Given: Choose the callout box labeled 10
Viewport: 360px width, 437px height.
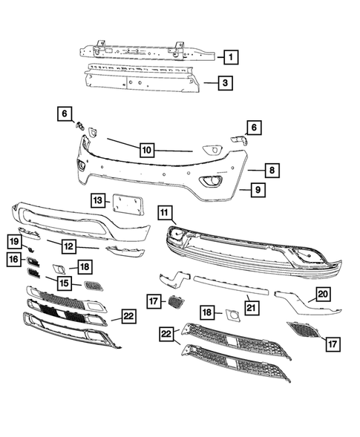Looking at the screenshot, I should (x=147, y=150).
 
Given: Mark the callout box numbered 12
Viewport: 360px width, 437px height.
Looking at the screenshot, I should (x=68, y=246).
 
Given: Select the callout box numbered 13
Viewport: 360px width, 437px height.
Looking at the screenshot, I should (x=97, y=200).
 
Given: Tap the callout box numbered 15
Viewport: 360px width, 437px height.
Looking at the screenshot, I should (x=65, y=283).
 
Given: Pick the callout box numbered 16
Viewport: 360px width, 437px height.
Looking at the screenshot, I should (x=13, y=259).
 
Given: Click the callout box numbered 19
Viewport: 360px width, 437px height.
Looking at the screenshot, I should (x=13, y=241).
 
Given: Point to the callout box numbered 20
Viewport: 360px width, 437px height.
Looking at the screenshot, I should (x=322, y=294).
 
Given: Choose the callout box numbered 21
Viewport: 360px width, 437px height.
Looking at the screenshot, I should (x=252, y=306).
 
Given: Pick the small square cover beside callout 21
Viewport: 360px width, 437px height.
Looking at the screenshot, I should (x=232, y=318).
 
